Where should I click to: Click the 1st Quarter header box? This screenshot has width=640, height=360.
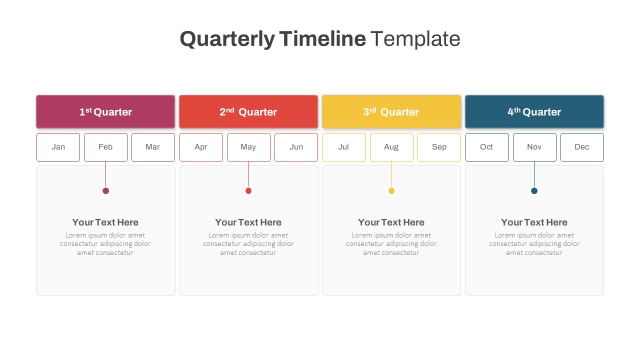pyautogui.click(x=105, y=112)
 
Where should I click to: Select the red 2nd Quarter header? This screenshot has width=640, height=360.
pyautogui.click(x=248, y=112)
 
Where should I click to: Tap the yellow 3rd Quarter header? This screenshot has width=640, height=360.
pyautogui.click(x=391, y=112)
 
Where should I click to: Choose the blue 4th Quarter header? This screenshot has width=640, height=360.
pyautogui.click(x=534, y=112)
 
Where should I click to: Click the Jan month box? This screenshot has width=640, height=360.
pyautogui.click(x=58, y=147)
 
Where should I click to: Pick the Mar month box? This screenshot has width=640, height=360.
pyautogui.click(x=153, y=147)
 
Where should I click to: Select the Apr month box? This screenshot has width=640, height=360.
pyautogui.click(x=201, y=147)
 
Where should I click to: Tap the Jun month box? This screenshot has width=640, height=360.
pyautogui.click(x=296, y=147)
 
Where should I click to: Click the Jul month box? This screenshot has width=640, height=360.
pyautogui.click(x=344, y=147)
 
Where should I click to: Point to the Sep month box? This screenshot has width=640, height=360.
pyautogui.click(x=439, y=147)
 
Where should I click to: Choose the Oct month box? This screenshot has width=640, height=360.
pyautogui.click(x=487, y=147)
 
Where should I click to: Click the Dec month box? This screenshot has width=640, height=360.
pyautogui.click(x=582, y=147)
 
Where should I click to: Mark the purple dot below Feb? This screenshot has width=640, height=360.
pyautogui.click(x=105, y=190)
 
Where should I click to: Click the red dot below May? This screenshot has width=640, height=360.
pyautogui.click(x=248, y=190)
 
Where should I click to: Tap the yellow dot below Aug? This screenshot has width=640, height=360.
pyautogui.click(x=391, y=190)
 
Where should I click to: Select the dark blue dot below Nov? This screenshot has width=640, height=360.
pyautogui.click(x=534, y=190)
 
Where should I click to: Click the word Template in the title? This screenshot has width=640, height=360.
pyautogui.click(x=415, y=39)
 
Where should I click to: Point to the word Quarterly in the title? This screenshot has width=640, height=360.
pyautogui.click(x=227, y=39)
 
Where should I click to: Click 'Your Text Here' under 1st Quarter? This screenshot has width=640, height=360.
pyautogui.click(x=105, y=222)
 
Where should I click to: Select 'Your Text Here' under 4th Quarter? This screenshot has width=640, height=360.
pyautogui.click(x=534, y=222)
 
